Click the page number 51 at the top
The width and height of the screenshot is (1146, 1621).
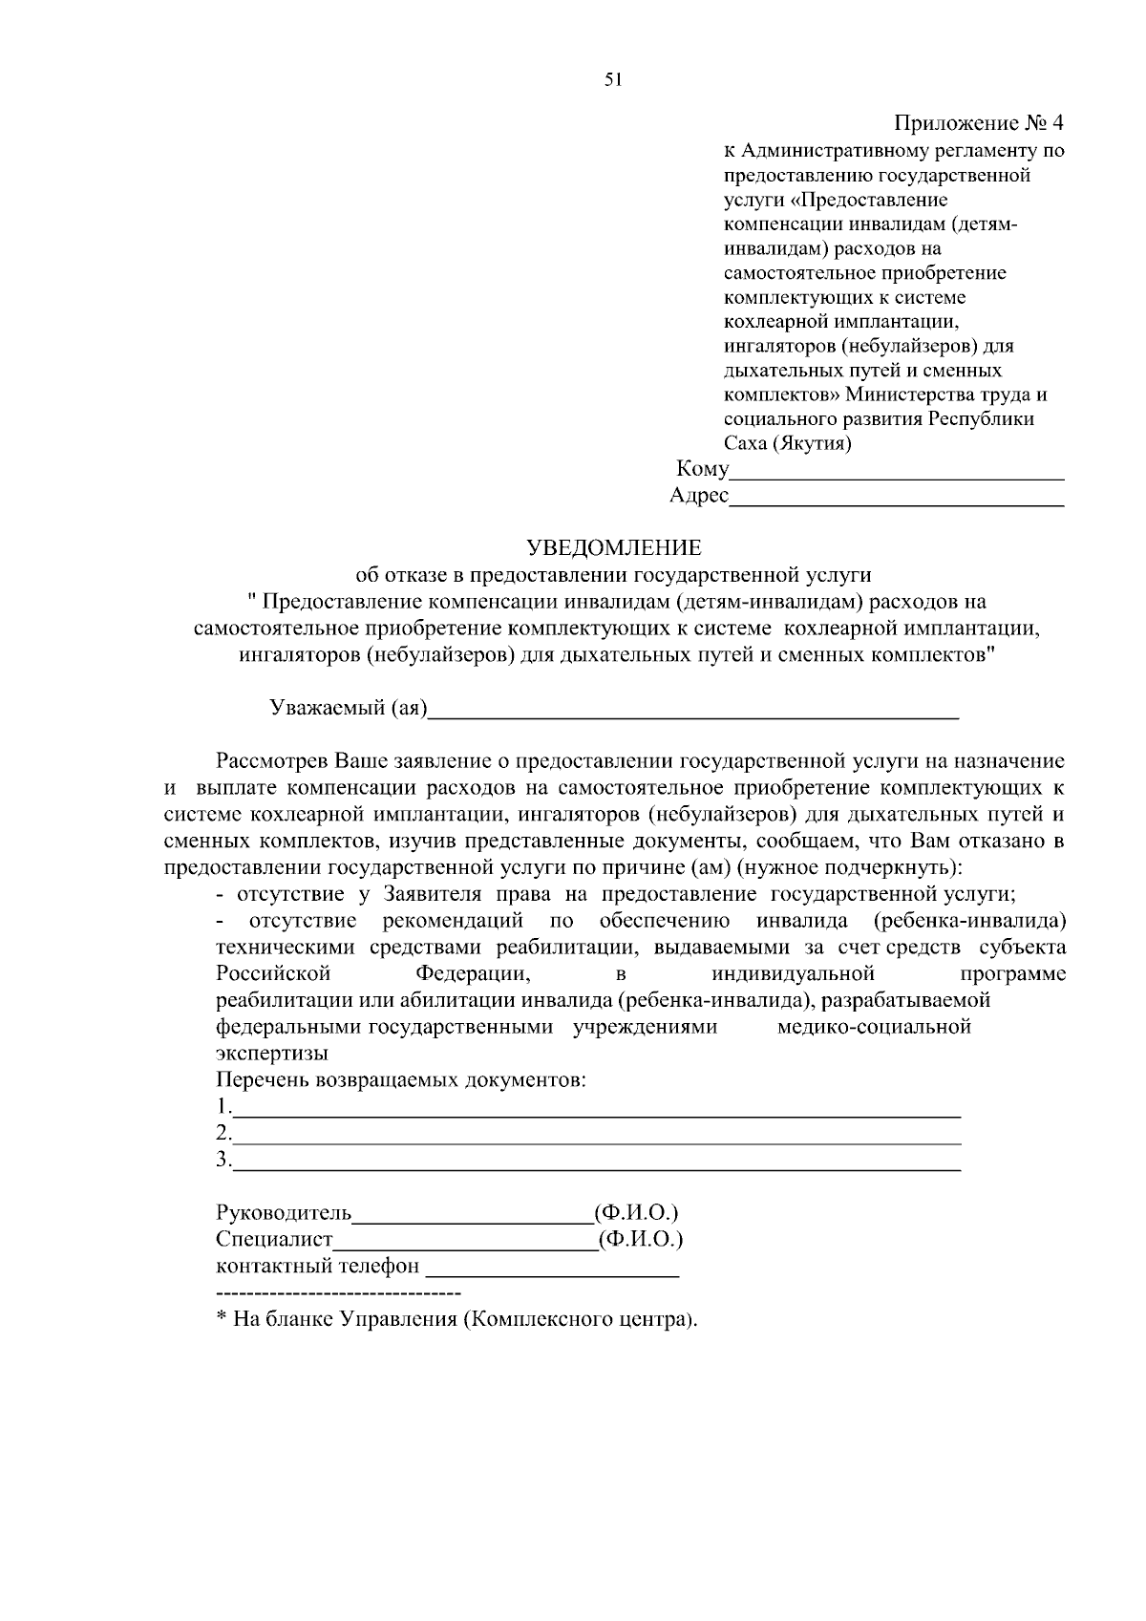[x=614, y=80]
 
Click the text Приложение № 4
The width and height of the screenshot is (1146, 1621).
[x=978, y=123]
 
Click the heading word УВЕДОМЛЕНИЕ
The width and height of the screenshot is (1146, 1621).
[x=614, y=547]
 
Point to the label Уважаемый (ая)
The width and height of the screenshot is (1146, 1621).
[x=349, y=708]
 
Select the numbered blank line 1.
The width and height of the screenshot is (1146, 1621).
[x=597, y=1113]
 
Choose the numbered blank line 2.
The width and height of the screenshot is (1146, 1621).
[x=597, y=1140]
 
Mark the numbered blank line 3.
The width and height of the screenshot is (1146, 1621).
[x=597, y=1166]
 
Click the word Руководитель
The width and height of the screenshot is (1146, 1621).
[x=285, y=1213]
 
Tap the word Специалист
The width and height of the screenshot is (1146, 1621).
[x=275, y=1240]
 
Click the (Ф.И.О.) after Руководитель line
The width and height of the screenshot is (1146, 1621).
[x=636, y=1213]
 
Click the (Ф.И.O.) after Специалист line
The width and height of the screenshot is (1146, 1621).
[x=641, y=1240]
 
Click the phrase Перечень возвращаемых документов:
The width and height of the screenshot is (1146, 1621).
[x=400, y=1080]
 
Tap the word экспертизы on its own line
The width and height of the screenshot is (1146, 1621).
[x=272, y=1054]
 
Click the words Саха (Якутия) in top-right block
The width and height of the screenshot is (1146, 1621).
[x=788, y=443]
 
